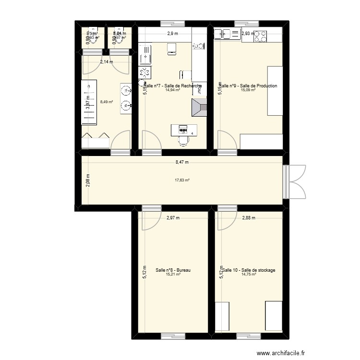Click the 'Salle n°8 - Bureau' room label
(173, 270)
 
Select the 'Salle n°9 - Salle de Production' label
(248, 86)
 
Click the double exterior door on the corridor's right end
(294, 180)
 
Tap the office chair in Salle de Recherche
(183, 140)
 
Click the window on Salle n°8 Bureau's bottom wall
(173, 335)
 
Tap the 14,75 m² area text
(249, 275)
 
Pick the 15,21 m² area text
(173, 275)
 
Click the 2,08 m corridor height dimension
(87, 180)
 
